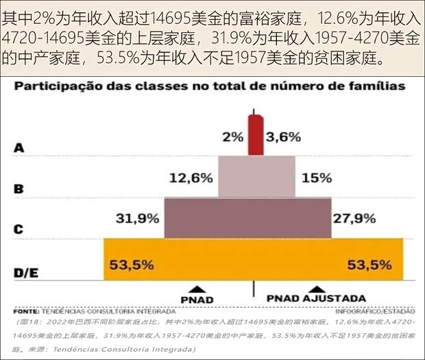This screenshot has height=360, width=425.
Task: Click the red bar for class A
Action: click(255, 135)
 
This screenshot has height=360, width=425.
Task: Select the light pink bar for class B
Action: click(256, 177)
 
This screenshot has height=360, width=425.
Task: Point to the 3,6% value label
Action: click(283, 136)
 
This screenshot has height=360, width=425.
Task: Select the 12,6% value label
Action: click(191, 178)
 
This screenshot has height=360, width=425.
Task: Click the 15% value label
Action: click(316, 178)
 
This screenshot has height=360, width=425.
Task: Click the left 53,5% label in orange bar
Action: click(129, 264)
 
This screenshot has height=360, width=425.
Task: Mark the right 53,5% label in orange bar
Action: click(369, 264)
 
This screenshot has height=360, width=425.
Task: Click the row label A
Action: click(19, 147)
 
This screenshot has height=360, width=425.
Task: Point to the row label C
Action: click(19, 229)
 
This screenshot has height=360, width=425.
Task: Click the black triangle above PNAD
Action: click(196, 290)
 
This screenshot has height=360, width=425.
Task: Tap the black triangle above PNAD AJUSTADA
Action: click(315, 290)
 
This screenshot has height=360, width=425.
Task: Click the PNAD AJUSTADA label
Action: click(315, 299)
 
